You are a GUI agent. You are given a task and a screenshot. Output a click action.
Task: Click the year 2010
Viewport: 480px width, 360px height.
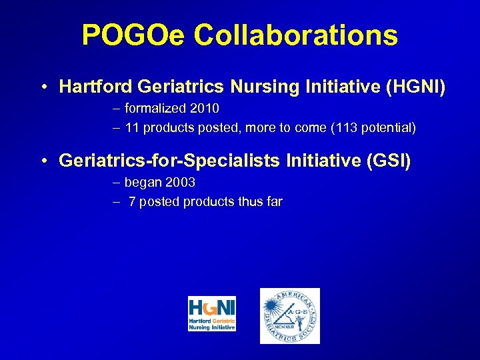205,108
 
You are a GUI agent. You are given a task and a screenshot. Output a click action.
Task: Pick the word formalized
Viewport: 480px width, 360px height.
156,108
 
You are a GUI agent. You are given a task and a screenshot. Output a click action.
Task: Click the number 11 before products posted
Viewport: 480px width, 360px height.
131,127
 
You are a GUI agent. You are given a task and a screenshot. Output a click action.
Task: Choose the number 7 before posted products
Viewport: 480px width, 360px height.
132,201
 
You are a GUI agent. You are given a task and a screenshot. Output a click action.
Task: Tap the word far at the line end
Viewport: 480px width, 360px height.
274,201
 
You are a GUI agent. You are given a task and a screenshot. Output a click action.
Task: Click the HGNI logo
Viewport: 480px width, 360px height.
212,315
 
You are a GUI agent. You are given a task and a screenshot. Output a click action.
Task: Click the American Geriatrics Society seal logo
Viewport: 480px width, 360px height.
289,315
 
